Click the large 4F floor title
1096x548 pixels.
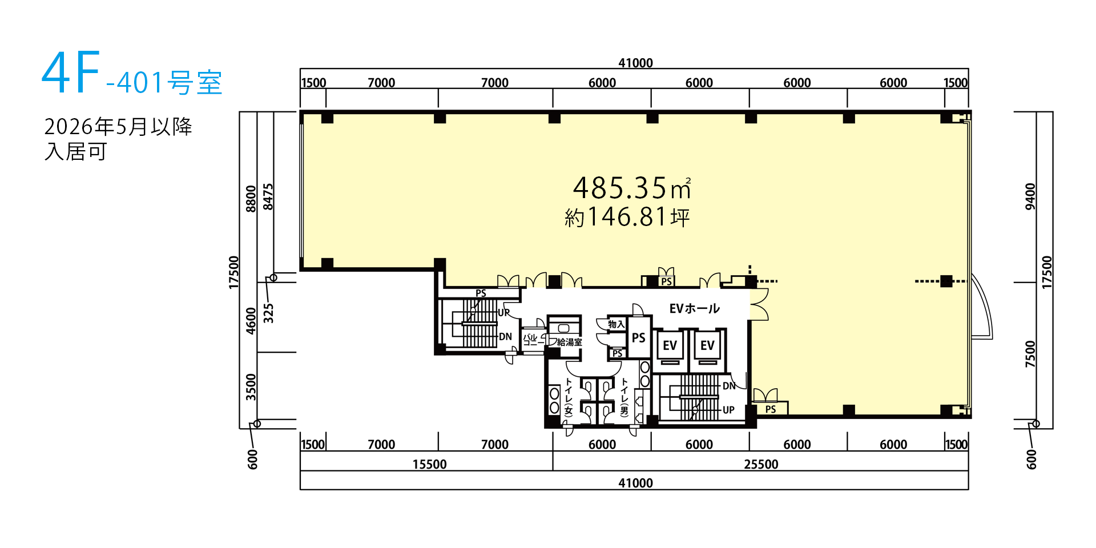(x=71, y=72)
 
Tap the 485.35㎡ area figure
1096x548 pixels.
(x=632, y=187)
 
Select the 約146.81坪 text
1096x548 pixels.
(x=627, y=217)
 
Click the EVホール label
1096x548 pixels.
(x=694, y=309)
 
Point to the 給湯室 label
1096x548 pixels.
(x=570, y=342)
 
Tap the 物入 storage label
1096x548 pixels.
(x=616, y=324)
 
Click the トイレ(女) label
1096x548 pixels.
(x=569, y=396)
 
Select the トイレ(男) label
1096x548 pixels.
(x=624, y=396)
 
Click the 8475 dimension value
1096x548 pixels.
(x=268, y=196)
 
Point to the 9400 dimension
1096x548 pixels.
(x=1030, y=196)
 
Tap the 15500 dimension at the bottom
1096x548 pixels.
(x=430, y=464)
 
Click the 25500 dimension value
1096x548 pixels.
(x=761, y=464)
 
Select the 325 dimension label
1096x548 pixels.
(x=268, y=313)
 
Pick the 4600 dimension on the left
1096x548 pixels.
(x=251, y=321)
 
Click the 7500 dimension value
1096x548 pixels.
(x=1030, y=354)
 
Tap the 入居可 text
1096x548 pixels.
(x=76, y=152)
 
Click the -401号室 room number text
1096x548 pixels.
(x=164, y=83)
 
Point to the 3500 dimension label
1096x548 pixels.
(x=251, y=387)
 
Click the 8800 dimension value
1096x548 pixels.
(x=251, y=199)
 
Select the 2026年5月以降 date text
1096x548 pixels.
(x=118, y=126)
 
